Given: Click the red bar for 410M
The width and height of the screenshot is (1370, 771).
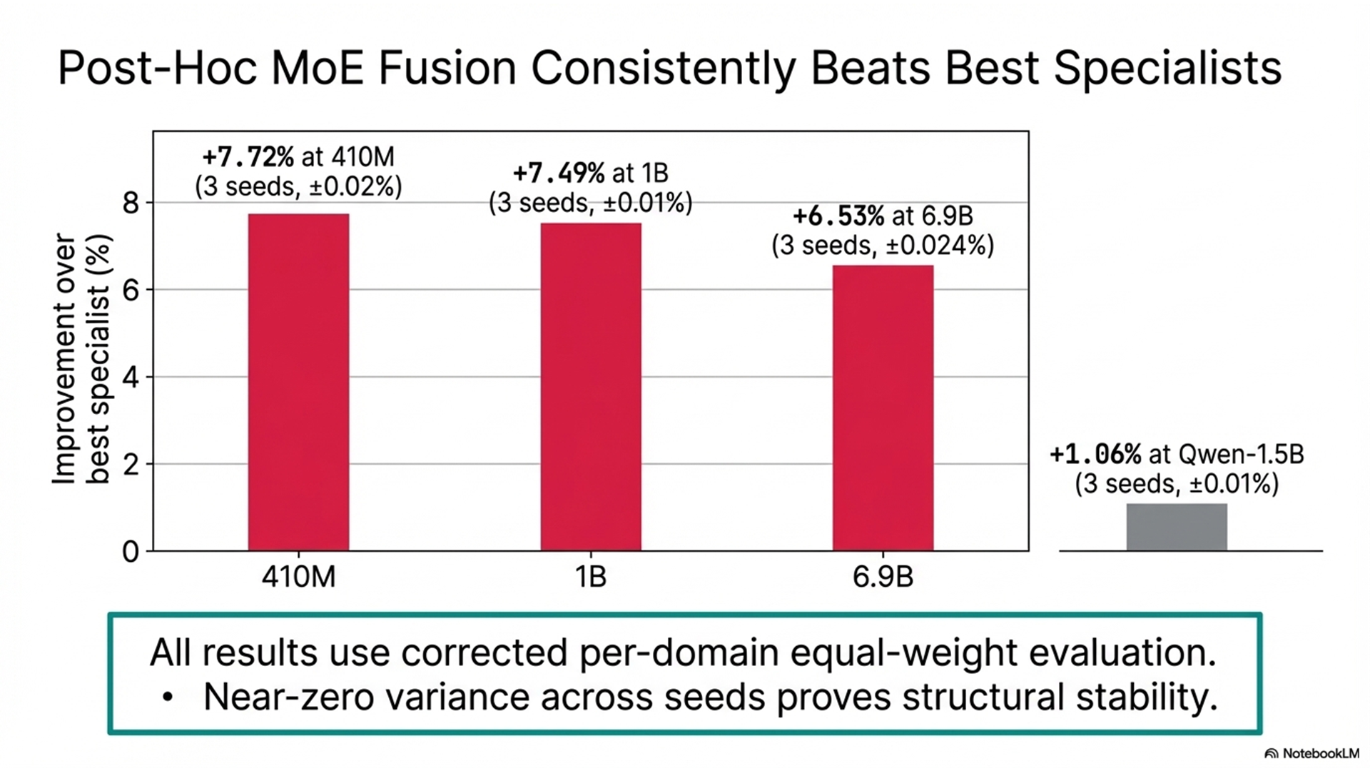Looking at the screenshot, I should (x=298, y=382).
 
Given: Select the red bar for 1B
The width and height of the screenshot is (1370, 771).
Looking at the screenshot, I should (x=591, y=386).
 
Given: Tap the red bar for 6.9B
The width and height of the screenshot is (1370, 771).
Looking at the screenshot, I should (x=883, y=408).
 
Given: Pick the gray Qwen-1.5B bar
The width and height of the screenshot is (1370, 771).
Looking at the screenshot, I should (x=1177, y=527).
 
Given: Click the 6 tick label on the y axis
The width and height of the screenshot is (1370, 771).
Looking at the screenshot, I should (x=131, y=291).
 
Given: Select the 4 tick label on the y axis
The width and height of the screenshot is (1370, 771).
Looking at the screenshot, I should (x=131, y=378).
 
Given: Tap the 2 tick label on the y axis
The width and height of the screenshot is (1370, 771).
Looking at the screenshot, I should (x=131, y=465).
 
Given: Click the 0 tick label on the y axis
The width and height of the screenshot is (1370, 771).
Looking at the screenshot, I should (x=131, y=552).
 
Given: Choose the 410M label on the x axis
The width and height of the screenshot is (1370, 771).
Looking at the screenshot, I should (x=298, y=577).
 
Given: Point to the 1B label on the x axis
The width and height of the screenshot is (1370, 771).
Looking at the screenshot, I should (x=591, y=577).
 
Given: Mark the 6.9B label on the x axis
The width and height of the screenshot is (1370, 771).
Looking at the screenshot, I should (x=883, y=577).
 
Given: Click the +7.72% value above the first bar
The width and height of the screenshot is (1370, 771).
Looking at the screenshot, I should (x=248, y=157).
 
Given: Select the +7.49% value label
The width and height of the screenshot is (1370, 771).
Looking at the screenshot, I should (x=559, y=173).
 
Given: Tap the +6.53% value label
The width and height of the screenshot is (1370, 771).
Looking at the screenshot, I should (x=838, y=216).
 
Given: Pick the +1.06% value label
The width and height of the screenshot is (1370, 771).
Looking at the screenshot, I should (x=1095, y=454).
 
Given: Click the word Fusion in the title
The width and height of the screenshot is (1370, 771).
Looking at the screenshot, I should (x=447, y=69).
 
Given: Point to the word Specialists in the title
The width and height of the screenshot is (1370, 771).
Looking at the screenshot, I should (x=1167, y=69).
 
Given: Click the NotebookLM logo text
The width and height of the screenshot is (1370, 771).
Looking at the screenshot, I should (x=1320, y=754).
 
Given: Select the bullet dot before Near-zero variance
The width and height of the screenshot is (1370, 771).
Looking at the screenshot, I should (x=167, y=697).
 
